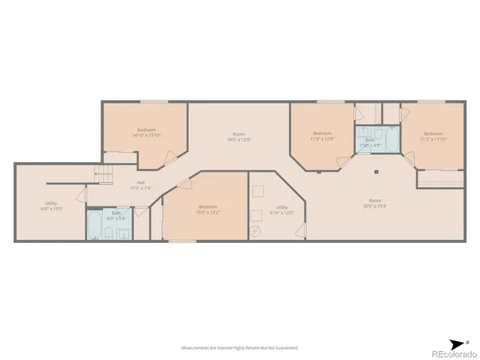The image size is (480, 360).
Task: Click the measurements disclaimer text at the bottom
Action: (240, 348)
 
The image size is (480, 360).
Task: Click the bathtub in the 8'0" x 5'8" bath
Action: (96, 225)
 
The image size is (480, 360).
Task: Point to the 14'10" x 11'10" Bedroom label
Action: (146, 133)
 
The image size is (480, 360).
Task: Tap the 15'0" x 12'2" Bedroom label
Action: (208, 209)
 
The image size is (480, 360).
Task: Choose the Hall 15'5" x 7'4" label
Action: (136, 185)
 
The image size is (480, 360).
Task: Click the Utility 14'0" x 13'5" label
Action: (51, 205)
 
